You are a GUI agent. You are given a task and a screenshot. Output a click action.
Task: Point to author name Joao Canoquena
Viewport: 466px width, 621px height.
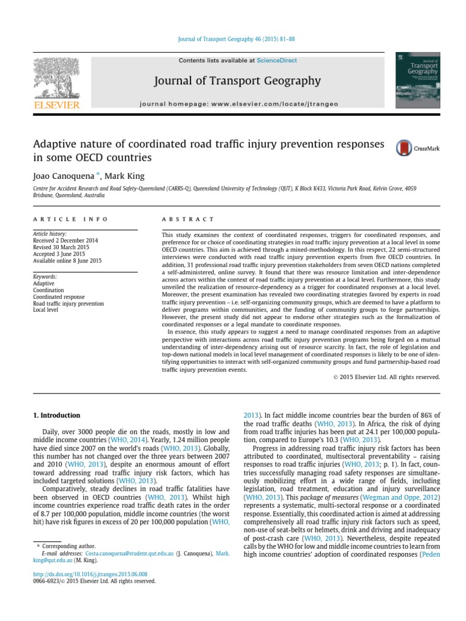click(x=59, y=176)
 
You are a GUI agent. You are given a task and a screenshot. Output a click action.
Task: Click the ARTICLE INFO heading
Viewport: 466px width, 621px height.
click(x=70, y=219)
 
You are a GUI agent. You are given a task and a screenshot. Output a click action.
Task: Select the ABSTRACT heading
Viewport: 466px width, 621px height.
click(x=188, y=219)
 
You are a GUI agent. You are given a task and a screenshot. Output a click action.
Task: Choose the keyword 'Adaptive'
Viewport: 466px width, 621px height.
click(x=44, y=283)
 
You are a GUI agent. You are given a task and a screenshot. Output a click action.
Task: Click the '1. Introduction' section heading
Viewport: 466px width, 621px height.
click(x=55, y=415)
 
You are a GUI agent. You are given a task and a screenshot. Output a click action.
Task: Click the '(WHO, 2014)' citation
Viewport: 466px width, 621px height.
click(x=127, y=438)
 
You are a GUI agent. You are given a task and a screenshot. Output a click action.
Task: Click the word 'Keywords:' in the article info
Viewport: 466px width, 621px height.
click(x=45, y=276)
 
